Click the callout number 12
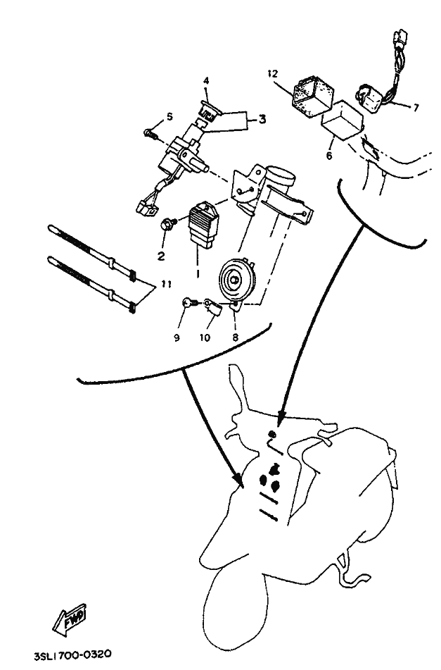(272, 73)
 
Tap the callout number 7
(416, 108)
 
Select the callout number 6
(329, 156)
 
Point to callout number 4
(206, 80)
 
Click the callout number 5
(170, 116)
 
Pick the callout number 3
(262, 119)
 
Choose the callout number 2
(161, 256)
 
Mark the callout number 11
(166, 284)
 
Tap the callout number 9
(177, 337)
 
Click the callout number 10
(205, 337)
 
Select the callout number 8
(235, 337)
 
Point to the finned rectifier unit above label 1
(204, 225)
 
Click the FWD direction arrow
(70, 619)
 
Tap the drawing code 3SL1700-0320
(73, 655)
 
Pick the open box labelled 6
(343, 120)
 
